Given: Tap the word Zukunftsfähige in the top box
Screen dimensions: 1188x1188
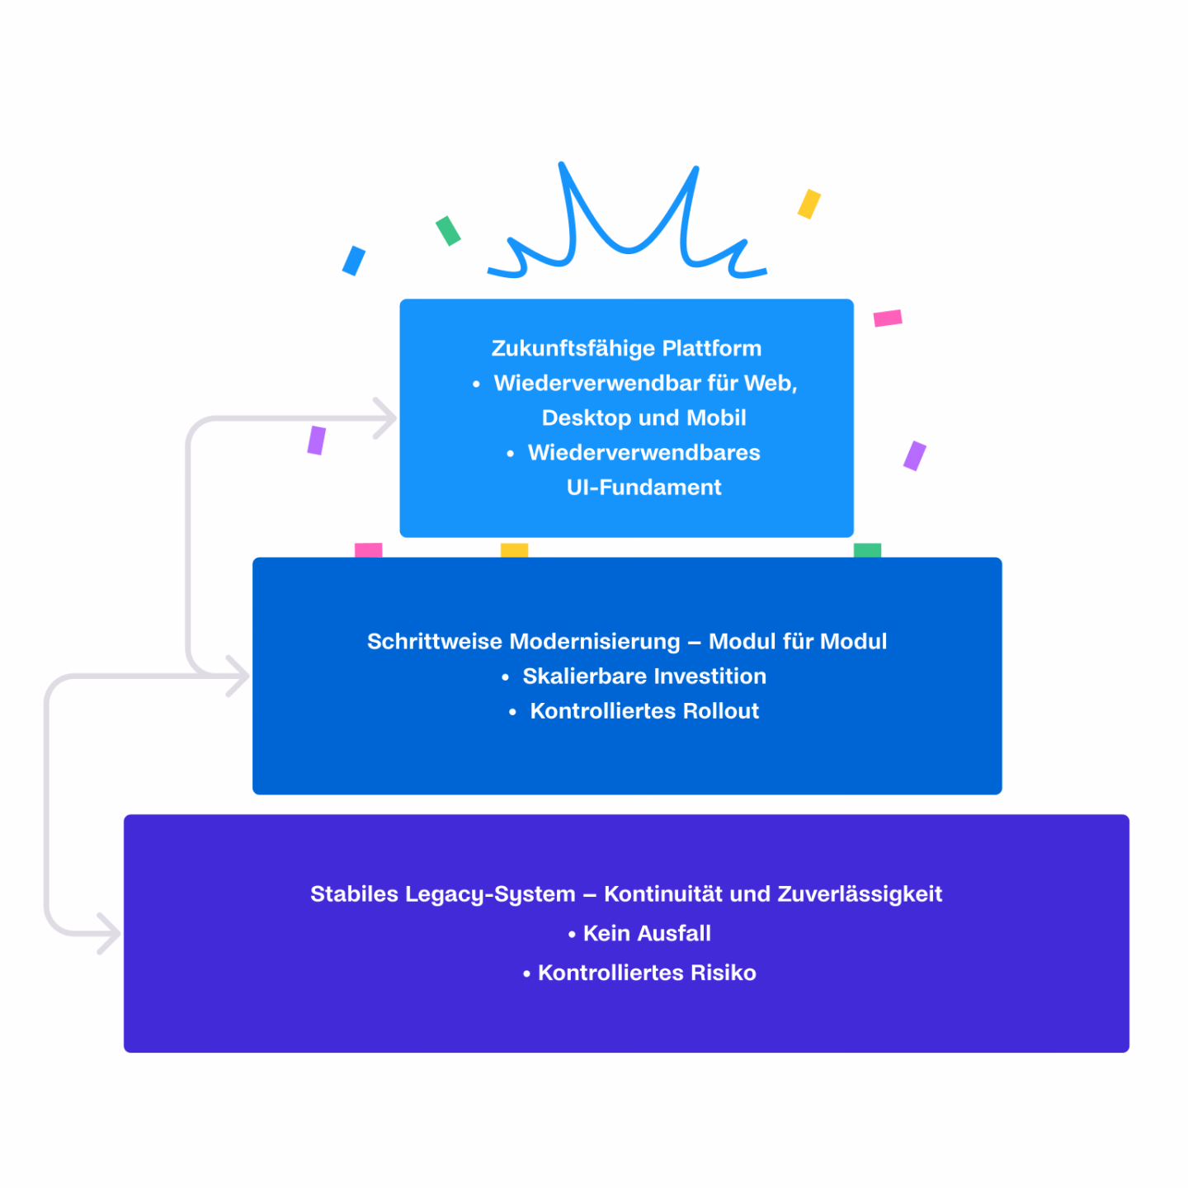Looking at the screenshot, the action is coord(573,348).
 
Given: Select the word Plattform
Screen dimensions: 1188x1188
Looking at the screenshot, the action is coord(712,348).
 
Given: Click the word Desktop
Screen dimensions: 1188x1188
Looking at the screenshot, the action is coord(586,418).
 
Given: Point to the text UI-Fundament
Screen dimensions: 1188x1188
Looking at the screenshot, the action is coord(643,487).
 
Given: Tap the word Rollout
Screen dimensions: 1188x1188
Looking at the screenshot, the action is coord(721,711).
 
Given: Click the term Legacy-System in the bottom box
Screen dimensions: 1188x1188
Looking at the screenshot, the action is coord(490,894).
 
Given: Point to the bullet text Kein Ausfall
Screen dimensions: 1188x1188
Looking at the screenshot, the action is coord(647,933).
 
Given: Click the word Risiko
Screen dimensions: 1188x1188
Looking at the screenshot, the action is coord(724,973).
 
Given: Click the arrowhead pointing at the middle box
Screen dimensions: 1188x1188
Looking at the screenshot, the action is coord(240,676).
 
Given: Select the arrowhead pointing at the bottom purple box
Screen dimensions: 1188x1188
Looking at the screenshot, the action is coord(111,933).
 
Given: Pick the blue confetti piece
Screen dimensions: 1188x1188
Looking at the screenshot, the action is coord(354,261).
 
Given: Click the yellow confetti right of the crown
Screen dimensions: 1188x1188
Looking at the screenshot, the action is coord(808,204).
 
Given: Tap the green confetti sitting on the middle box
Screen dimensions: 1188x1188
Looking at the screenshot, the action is coord(867,550).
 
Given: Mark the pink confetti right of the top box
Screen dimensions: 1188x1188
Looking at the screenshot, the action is coord(888,318).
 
